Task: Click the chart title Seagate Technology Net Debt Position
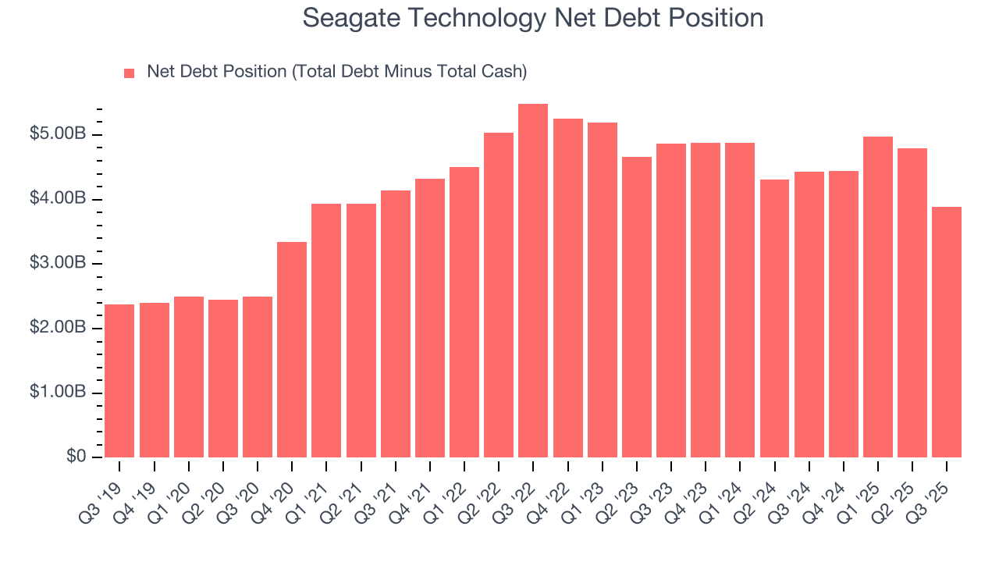tap(532, 18)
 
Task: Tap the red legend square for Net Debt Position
tap(130, 73)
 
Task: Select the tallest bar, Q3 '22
tap(533, 281)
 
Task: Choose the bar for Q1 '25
tap(878, 297)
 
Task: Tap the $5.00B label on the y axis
tap(58, 135)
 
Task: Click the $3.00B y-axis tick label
tap(58, 264)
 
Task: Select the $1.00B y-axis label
tap(58, 393)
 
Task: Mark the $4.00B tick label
tap(58, 200)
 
